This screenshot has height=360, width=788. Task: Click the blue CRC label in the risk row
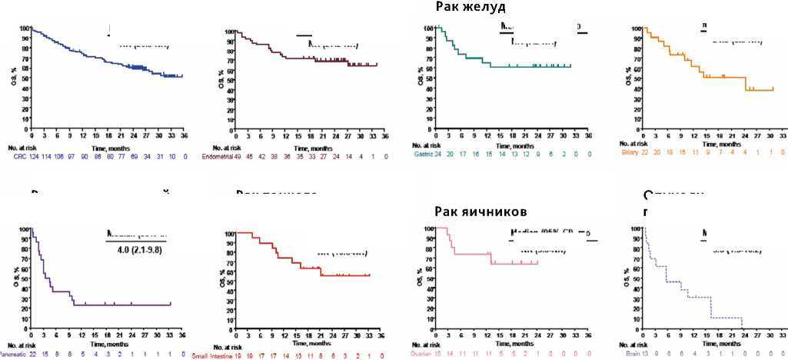coord(19,157)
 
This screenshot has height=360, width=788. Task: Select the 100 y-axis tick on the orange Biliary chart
coord(635,28)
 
